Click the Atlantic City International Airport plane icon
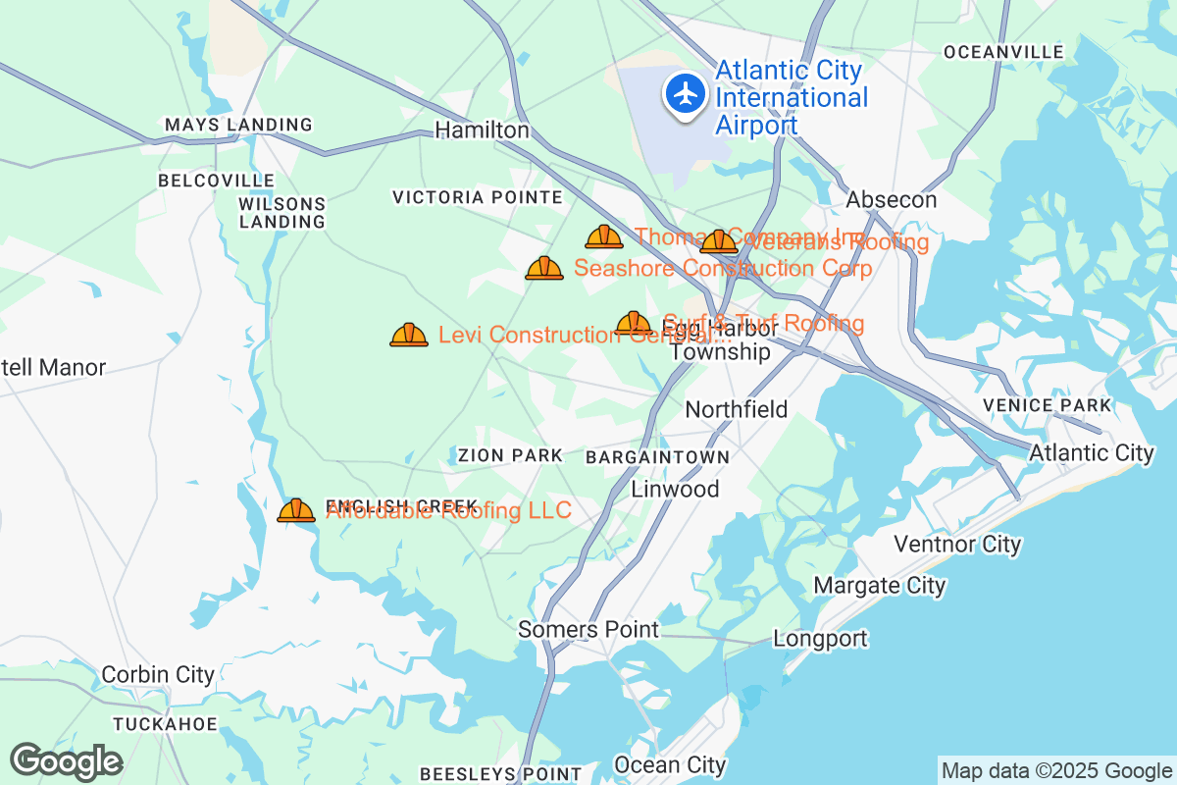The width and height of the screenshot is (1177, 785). (686, 94)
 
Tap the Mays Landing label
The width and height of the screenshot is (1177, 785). (238, 125)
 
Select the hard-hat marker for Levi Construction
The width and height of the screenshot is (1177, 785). (409, 336)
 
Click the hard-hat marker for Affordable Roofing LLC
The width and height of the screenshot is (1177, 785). (296, 510)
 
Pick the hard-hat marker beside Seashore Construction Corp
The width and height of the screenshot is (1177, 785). (544, 268)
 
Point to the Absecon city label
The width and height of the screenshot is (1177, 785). (892, 199)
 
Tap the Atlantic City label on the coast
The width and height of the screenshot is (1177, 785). (1092, 452)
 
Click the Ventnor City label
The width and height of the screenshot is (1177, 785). (957, 544)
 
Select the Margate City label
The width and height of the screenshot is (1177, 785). (880, 586)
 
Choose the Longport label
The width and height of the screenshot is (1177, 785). (820, 639)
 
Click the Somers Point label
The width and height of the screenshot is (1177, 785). (588, 629)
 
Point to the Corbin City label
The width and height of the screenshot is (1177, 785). (158, 675)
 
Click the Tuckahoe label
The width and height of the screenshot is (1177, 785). (165, 724)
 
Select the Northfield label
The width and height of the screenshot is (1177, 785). (737, 409)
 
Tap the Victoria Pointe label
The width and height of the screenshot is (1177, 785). (478, 197)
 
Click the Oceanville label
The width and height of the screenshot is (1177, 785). (1003, 51)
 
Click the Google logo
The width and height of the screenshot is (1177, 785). (67, 761)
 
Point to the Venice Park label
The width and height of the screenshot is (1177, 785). (1048, 405)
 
